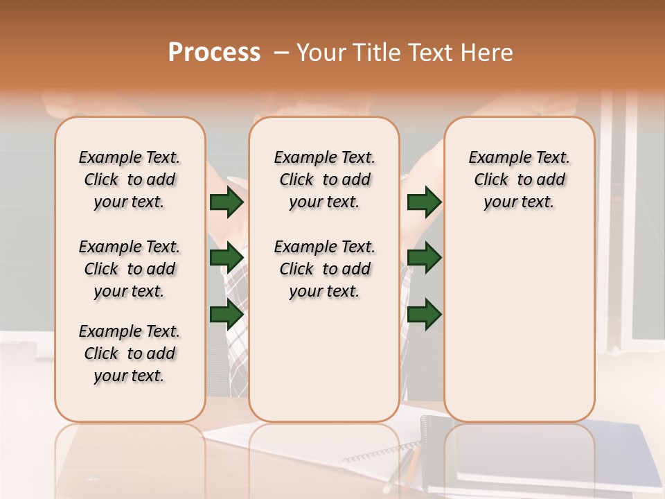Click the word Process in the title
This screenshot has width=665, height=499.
[x=214, y=53]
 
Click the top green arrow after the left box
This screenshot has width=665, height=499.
[x=227, y=202]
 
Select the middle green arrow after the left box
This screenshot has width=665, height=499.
[x=227, y=258]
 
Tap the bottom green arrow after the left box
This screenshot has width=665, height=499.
[x=227, y=315]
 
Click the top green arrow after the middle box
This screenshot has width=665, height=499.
[x=424, y=202]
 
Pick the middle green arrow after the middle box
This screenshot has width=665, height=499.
[x=424, y=258]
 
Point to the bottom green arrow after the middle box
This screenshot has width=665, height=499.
[x=424, y=315]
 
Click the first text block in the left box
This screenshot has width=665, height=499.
[x=130, y=180]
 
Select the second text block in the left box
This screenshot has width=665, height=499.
[x=130, y=269]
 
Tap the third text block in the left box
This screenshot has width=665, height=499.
[x=130, y=353]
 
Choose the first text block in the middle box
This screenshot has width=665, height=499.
[x=324, y=180]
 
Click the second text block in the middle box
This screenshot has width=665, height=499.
[x=324, y=269]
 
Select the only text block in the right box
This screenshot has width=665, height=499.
[x=519, y=180]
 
